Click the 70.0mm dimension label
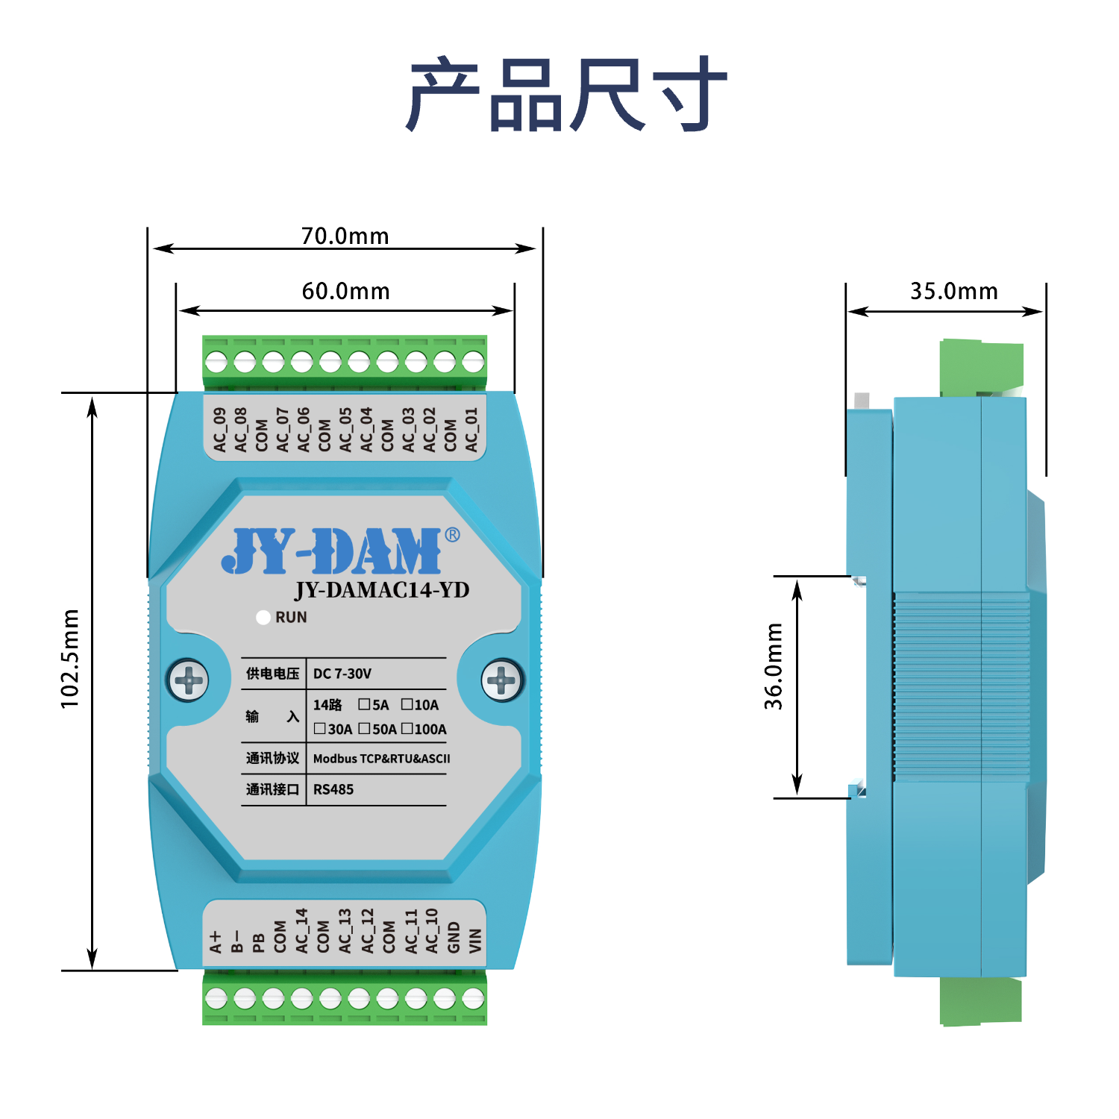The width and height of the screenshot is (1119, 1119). (x=345, y=236)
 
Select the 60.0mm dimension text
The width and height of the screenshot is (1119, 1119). (x=345, y=291)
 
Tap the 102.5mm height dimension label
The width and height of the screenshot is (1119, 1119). (x=69, y=659)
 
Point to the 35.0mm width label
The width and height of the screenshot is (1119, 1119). (x=953, y=291)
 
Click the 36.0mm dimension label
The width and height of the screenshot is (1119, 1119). (x=774, y=666)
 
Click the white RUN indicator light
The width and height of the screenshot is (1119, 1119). (x=263, y=618)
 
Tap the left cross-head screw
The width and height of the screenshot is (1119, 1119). (x=188, y=680)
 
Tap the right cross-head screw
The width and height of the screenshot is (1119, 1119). (x=501, y=680)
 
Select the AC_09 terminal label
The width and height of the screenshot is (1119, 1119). (x=219, y=430)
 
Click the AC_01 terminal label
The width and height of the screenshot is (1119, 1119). (x=471, y=430)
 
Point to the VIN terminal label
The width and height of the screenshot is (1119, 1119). (x=475, y=941)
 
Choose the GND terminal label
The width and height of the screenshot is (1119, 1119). (x=454, y=938)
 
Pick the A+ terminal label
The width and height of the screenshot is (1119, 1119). (x=216, y=941)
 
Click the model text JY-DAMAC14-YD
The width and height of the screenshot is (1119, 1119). (x=382, y=590)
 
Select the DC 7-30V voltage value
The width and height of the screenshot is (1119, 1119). (x=342, y=674)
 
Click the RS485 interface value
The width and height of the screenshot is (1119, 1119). (x=333, y=789)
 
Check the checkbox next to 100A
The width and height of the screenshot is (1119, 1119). (x=407, y=728)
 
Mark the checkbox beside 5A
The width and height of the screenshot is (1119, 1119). (x=364, y=703)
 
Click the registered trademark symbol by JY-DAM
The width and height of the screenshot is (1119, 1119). (x=452, y=535)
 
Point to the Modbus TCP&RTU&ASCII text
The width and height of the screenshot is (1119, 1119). (x=381, y=759)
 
